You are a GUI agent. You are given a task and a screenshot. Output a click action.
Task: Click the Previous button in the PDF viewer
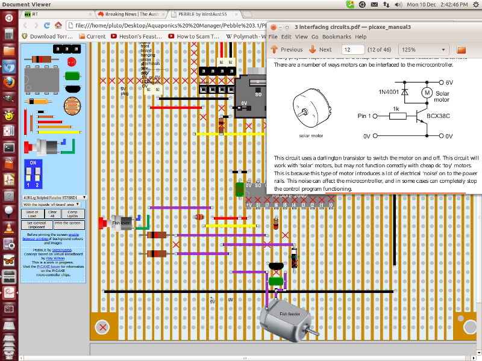287,49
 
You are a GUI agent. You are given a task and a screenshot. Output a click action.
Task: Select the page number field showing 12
352,49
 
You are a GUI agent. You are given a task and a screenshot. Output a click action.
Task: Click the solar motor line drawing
311,112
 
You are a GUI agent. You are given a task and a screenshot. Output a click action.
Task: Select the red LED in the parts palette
72,61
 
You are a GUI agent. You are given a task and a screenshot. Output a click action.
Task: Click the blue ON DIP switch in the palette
34,174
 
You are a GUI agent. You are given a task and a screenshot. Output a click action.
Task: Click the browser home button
57,26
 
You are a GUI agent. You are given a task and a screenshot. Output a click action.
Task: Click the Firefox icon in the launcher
8,82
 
